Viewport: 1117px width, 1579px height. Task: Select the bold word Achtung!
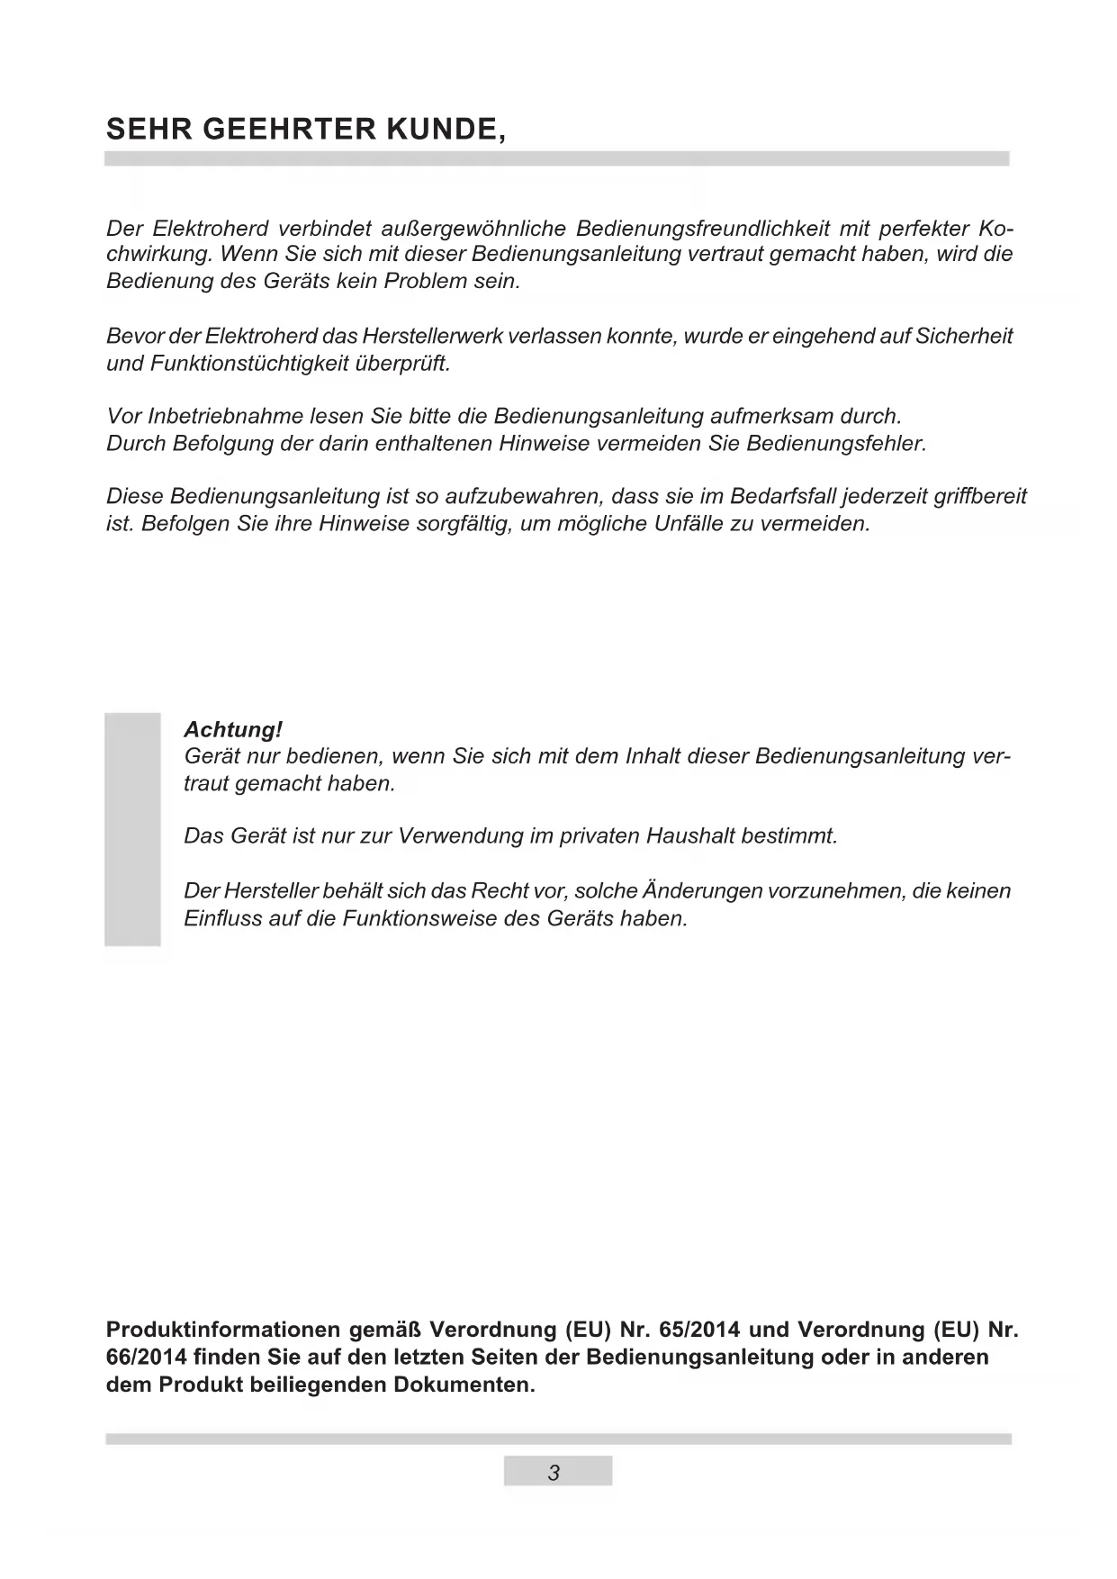point(233,729)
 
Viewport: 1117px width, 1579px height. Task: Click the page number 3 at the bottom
point(554,1474)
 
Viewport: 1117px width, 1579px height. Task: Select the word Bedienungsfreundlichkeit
point(702,227)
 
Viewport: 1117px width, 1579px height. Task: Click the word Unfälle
point(692,524)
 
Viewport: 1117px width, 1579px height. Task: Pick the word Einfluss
point(221,919)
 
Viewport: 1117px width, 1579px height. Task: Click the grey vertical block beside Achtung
point(132,829)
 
